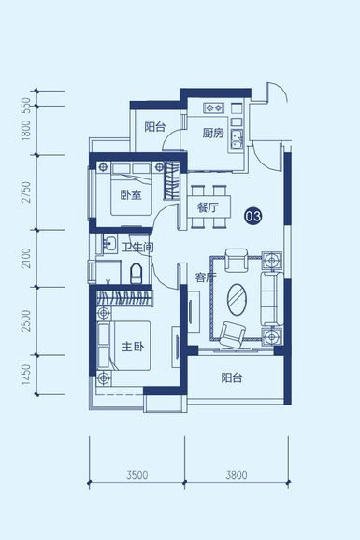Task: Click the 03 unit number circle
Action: tap(253, 216)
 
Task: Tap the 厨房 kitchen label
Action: tap(213, 133)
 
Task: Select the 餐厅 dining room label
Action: tap(208, 208)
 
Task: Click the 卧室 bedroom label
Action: tap(131, 195)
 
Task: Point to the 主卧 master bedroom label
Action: tap(133, 347)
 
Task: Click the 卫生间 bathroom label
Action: tap(138, 247)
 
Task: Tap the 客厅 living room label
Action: tap(206, 277)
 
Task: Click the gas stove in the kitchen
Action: tap(214, 107)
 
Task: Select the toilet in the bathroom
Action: tap(137, 274)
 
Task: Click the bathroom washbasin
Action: tap(110, 244)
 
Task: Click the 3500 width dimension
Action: tap(137, 476)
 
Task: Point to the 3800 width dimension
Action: tap(237, 476)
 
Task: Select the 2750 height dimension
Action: tap(26, 192)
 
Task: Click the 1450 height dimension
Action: tap(26, 375)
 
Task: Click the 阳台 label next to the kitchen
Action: tap(155, 127)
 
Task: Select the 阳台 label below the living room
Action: tap(232, 377)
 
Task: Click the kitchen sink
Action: tap(237, 139)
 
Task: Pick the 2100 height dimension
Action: tap(26, 259)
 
